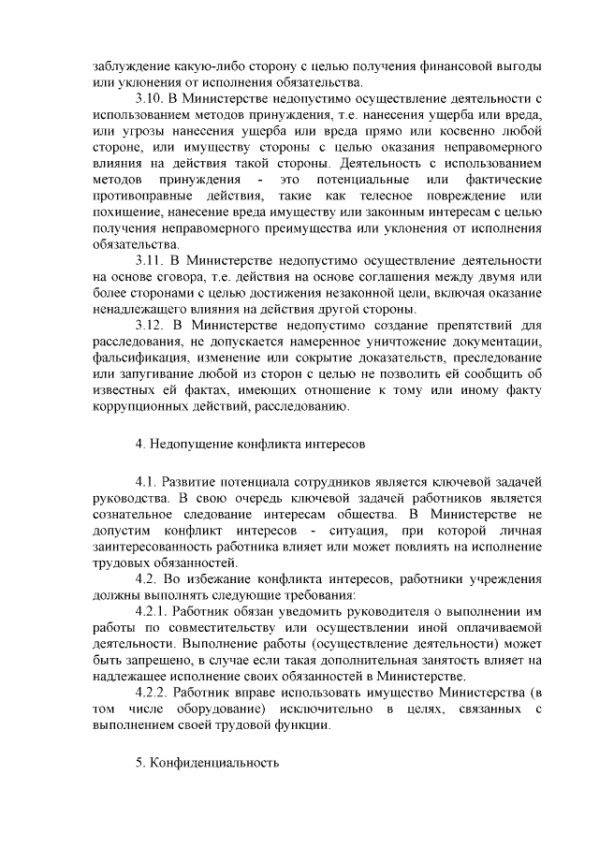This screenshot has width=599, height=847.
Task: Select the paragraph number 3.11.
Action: pyautogui.click(x=150, y=260)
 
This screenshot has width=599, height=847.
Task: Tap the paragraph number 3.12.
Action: pyautogui.click(x=150, y=325)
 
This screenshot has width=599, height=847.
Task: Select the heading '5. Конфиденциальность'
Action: pyautogui.click(x=207, y=763)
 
